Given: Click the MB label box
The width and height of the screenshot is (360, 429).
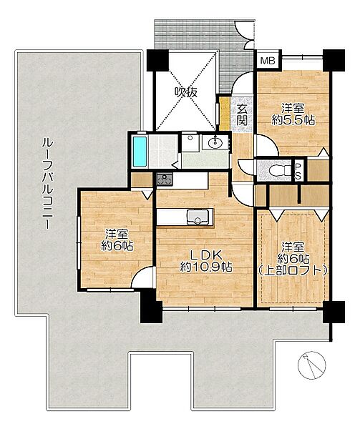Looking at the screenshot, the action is point(268,61).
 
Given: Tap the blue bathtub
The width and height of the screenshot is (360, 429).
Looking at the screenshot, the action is point(140,152).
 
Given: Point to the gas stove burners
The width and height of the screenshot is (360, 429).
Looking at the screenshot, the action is point(165,179).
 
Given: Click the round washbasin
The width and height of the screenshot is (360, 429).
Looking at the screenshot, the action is point(215,142).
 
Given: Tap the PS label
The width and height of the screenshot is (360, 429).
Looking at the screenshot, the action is point(298,170).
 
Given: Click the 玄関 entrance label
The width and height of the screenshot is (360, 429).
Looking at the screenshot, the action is point(242,115).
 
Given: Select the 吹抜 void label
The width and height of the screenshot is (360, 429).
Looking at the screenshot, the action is point(186,92).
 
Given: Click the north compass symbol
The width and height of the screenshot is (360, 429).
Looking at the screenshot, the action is point(312,365).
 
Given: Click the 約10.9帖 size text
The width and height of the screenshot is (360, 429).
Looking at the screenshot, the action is point(206,267).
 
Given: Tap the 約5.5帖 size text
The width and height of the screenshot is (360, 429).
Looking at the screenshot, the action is point(293,120).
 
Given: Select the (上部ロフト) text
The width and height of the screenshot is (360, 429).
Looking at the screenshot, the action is point(293,270).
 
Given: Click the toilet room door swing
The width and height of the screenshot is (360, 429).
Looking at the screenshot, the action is point(245,167).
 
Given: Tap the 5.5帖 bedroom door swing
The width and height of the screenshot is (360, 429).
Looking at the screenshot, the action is point(267,145).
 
